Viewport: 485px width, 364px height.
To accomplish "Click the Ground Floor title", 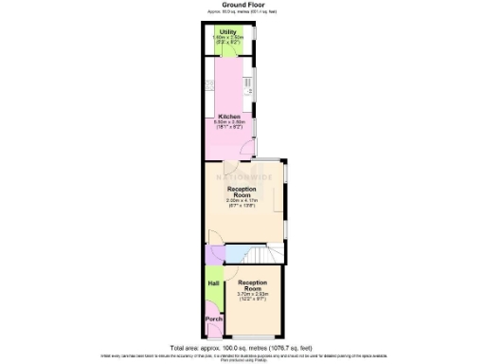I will point(242,5).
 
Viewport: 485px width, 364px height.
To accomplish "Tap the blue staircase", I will point(254,254).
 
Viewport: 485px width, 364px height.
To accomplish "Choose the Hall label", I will point(213,282).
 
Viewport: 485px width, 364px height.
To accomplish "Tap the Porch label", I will point(213,318).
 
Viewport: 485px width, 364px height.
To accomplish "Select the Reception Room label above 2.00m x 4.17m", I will point(242,191).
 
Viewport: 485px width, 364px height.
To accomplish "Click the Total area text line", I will point(242,347).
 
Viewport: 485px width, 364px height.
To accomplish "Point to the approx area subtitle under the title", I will point(242,12).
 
